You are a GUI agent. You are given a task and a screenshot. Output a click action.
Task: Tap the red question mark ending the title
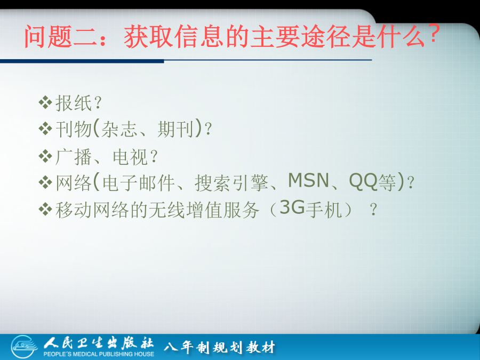[x=434, y=34]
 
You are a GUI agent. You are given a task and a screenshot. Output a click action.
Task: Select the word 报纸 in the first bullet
[x=74, y=103]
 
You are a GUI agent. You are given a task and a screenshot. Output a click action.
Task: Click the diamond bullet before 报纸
[x=45, y=102]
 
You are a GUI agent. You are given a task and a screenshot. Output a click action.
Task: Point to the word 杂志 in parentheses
[x=119, y=129]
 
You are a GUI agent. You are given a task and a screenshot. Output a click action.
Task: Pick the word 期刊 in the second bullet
[x=175, y=129]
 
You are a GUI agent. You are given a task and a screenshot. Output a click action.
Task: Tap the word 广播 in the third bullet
[x=74, y=157]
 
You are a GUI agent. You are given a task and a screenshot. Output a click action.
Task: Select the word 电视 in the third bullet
[x=130, y=157]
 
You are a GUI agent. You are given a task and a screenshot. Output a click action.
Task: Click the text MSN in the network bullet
[x=308, y=180]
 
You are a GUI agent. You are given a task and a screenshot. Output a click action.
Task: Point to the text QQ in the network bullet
[x=363, y=181]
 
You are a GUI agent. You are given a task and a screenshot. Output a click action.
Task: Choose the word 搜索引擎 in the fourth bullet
[x=231, y=183]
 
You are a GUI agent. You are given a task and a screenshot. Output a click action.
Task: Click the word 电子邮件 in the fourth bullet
[x=138, y=183]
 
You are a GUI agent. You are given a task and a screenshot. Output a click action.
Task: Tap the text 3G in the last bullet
[x=292, y=207]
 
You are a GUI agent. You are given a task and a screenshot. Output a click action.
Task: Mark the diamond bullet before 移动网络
[x=45, y=210]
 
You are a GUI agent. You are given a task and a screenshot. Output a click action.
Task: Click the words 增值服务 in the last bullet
[x=222, y=210]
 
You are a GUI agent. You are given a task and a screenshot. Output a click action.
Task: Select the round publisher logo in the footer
[x=24, y=347]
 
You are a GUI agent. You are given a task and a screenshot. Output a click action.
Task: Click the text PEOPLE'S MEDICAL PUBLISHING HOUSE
[x=99, y=354]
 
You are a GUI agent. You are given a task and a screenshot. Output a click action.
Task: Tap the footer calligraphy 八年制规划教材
[x=220, y=347]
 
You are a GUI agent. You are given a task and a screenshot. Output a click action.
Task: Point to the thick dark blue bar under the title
[x=82, y=61]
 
